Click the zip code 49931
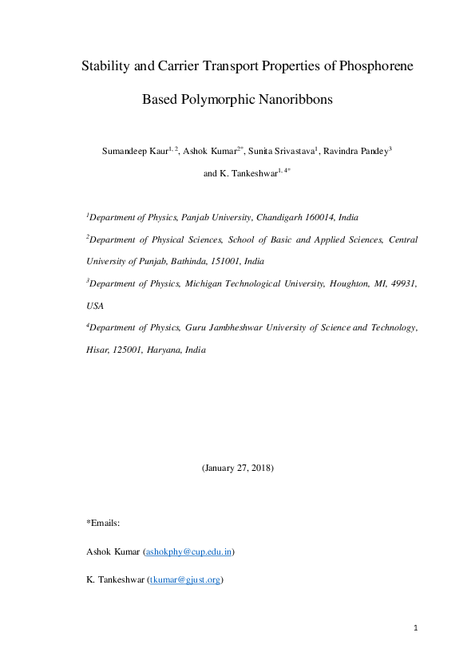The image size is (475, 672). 404,283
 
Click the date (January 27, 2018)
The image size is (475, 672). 237,468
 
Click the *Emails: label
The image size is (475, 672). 102,523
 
